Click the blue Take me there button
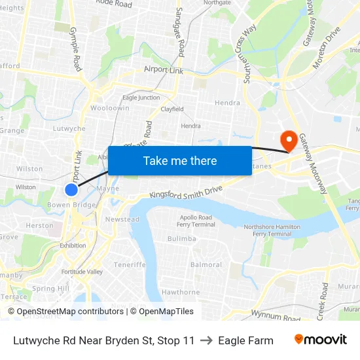click(179, 160)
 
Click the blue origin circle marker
click(71, 190)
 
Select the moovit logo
click(321, 340)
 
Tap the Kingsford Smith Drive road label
click(186, 192)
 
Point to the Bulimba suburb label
click(181, 239)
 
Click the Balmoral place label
click(206, 265)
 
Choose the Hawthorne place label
click(180, 292)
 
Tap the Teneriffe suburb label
click(129, 265)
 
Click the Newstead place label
click(122, 219)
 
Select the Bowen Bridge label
click(72, 205)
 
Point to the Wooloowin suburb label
click(109, 108)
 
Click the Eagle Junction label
click(141, 98)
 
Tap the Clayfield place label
click(171, 109)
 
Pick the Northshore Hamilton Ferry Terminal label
click(267, 230)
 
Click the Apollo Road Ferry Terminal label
click(195, 221)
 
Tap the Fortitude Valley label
click(82, 272)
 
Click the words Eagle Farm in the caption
click(245, 340)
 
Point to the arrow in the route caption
click(206, 340)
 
